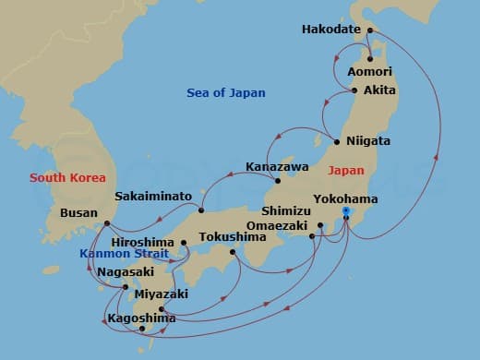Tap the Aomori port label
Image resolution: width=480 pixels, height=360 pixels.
(370, 72)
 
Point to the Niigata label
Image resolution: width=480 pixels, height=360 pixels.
(368, 142)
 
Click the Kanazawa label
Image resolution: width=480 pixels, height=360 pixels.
(275, 167)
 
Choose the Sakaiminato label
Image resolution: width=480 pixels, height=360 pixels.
(153, 197)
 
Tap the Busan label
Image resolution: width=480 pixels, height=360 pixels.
(78, 211)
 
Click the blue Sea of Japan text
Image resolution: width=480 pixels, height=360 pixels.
(225, 92)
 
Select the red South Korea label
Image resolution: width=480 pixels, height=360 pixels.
(67, 177)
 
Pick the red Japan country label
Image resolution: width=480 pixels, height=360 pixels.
(346, 171)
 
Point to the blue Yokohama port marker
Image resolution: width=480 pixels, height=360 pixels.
(346, 211)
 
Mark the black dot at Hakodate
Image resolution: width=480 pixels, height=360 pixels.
(368, 30)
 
